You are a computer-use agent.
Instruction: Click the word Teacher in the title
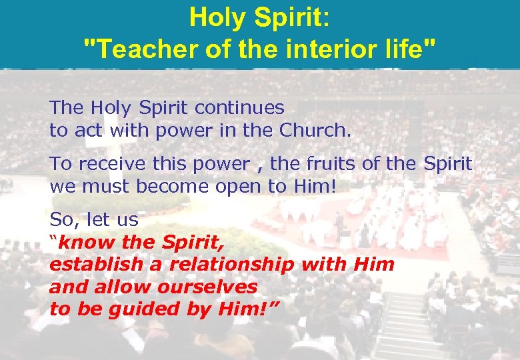[135, 48]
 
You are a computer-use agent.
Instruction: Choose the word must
[105, 186]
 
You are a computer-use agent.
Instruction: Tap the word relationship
[232, 265]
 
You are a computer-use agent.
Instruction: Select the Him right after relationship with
[374, 265]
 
